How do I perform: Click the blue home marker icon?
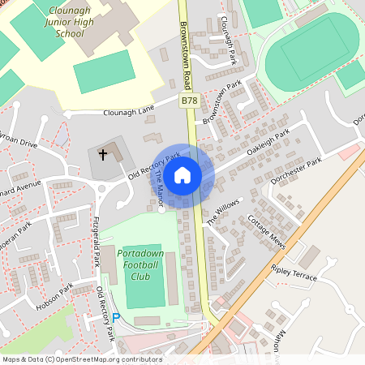coord(182,174)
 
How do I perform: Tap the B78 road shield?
coord(189,101)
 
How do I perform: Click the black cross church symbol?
coord(103,153)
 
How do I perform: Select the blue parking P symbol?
coord(115,318)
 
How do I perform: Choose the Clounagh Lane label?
coord(129,113)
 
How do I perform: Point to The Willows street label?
coord(223,211)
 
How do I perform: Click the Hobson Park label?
coord(54,297)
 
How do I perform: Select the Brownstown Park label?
coord(222,102)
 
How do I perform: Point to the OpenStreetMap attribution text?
coord(82,359)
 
